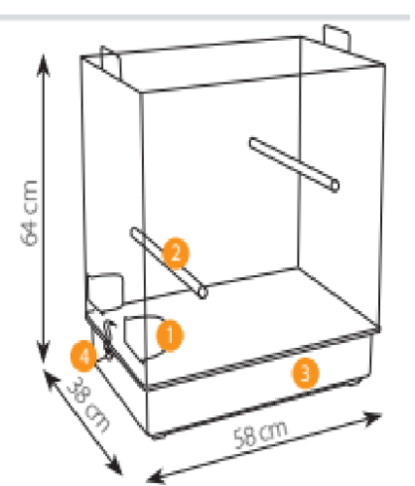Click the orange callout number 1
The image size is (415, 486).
pos(170,335)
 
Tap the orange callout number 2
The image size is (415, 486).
pos(176,253)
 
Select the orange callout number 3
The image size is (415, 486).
pos(305,373)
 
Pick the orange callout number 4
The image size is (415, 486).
pos(84,356)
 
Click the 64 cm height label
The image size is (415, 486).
pos(29,213)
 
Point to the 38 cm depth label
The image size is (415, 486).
pos(88,404)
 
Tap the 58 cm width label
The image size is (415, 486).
pos(260,434)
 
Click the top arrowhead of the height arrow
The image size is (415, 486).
pos(43,66)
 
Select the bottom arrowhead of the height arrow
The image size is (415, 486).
pos(43,352)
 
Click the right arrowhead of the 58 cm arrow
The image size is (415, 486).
pos(371,418)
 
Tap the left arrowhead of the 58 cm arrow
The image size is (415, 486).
pos(157,476)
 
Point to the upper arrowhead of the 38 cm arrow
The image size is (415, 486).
pos(50,379)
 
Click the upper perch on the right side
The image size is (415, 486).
pos(294,164)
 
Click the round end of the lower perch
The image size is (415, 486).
pos(203,293)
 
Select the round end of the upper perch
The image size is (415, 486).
pos(335,187)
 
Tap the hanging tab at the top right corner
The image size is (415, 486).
pos(337,38)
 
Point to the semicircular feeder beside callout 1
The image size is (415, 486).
pos(143,337)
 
